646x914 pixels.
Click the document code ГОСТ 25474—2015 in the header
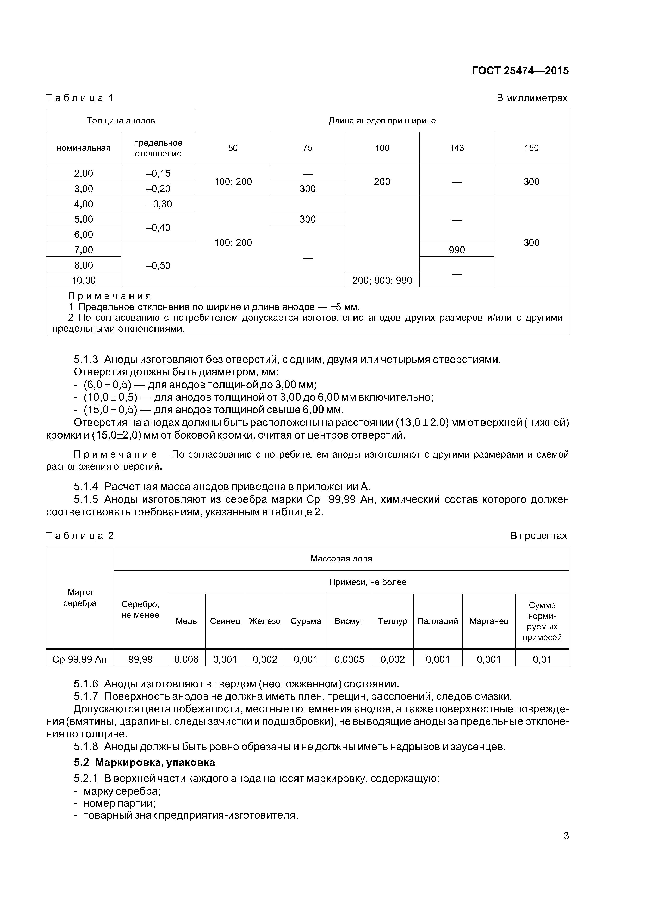coord(520,71)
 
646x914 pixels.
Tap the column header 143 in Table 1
coord(457,148)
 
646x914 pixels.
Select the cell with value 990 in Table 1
coord(457,250)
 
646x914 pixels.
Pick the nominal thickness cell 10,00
coord(84,281)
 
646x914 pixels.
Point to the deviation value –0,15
coord(158,174)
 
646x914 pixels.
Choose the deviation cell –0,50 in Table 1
coord(158,265)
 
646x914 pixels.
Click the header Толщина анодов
coord(121,121)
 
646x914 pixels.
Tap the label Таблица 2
coord(80,536)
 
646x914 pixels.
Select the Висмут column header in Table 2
coord(349,621)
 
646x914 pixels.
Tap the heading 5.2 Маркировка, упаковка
coord(145,762)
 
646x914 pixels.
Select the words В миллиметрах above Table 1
coord(531,98)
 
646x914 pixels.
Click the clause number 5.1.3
coord(86,360)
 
